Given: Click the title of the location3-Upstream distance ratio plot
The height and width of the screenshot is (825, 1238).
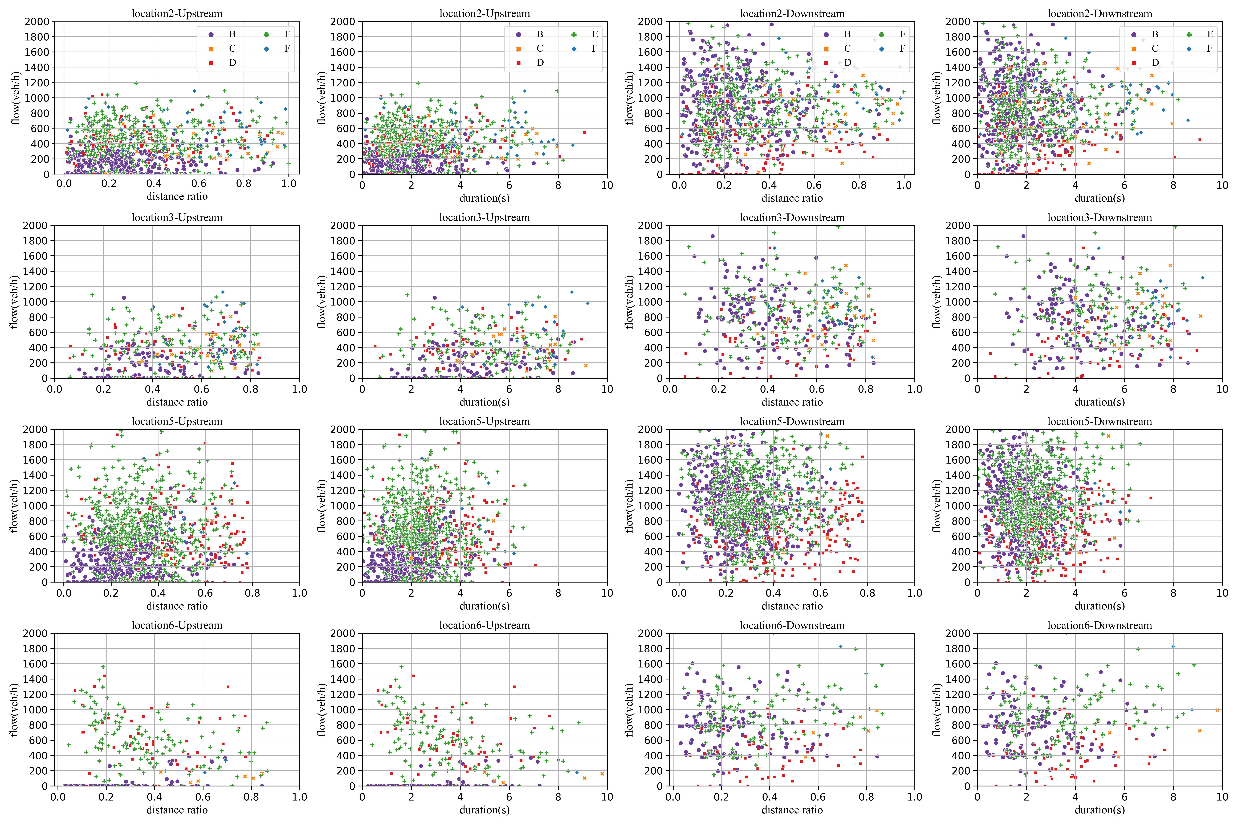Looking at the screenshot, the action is (177, 217).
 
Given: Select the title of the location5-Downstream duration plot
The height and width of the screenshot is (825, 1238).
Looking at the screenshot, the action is (1100, 421).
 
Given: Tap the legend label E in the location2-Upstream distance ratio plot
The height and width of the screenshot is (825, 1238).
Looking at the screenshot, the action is (287, 34).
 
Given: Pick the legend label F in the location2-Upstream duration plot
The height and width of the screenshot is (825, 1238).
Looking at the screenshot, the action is (595, 48).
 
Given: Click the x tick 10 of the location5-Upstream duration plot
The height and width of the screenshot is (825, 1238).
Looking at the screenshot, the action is (607, 593).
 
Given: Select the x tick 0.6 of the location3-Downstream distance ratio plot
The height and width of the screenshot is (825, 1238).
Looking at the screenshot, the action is (816, 389).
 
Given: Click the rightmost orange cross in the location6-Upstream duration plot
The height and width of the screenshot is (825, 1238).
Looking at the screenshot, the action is (602, 773).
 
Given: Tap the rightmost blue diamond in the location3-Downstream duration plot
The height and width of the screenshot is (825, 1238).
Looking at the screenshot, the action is (1203, 278).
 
